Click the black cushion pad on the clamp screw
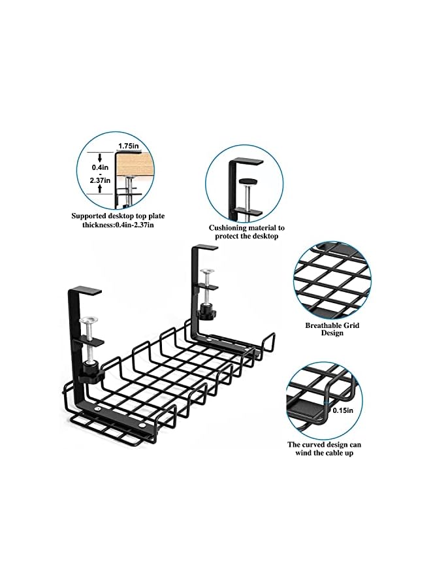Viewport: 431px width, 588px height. tap(247, 182)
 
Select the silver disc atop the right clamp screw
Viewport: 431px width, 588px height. tap(208, 271)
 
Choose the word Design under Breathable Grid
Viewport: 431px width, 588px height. tap(332, 333)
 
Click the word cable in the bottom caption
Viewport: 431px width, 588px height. tap(328, 453)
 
